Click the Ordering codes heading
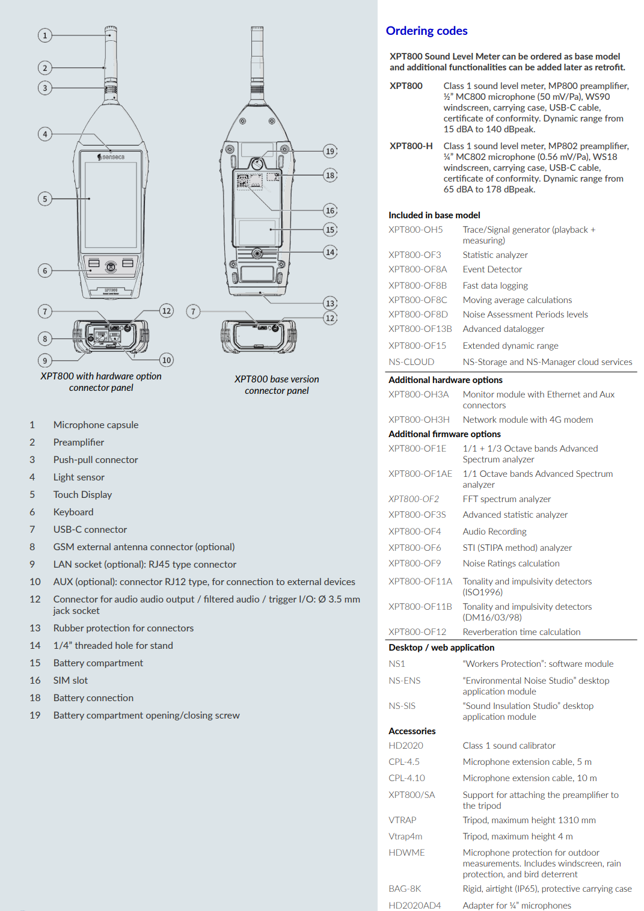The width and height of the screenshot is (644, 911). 426,31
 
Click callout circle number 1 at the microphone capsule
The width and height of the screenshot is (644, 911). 45,35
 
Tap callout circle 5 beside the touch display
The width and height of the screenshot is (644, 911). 45,199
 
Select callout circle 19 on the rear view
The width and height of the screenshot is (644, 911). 330,152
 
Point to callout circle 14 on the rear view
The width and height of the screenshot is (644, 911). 330,252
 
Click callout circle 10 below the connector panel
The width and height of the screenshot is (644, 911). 167,360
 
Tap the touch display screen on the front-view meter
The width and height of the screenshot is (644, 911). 111,204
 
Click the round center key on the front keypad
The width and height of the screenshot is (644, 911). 111,266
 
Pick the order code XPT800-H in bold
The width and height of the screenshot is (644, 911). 411,146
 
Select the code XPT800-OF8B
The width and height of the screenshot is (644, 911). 417,286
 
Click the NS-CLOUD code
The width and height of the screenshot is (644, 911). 411,362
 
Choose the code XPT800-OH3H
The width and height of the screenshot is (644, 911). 419,420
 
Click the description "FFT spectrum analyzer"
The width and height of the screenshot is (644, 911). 506,499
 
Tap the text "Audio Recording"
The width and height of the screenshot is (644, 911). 494,532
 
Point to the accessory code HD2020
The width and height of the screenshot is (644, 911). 406,746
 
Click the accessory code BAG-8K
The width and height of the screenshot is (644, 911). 405,889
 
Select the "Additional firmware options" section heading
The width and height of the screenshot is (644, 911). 444,434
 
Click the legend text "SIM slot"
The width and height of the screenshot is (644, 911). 70,681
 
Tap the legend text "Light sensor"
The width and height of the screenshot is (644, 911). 79,477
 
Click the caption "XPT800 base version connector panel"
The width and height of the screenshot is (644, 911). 277,385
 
